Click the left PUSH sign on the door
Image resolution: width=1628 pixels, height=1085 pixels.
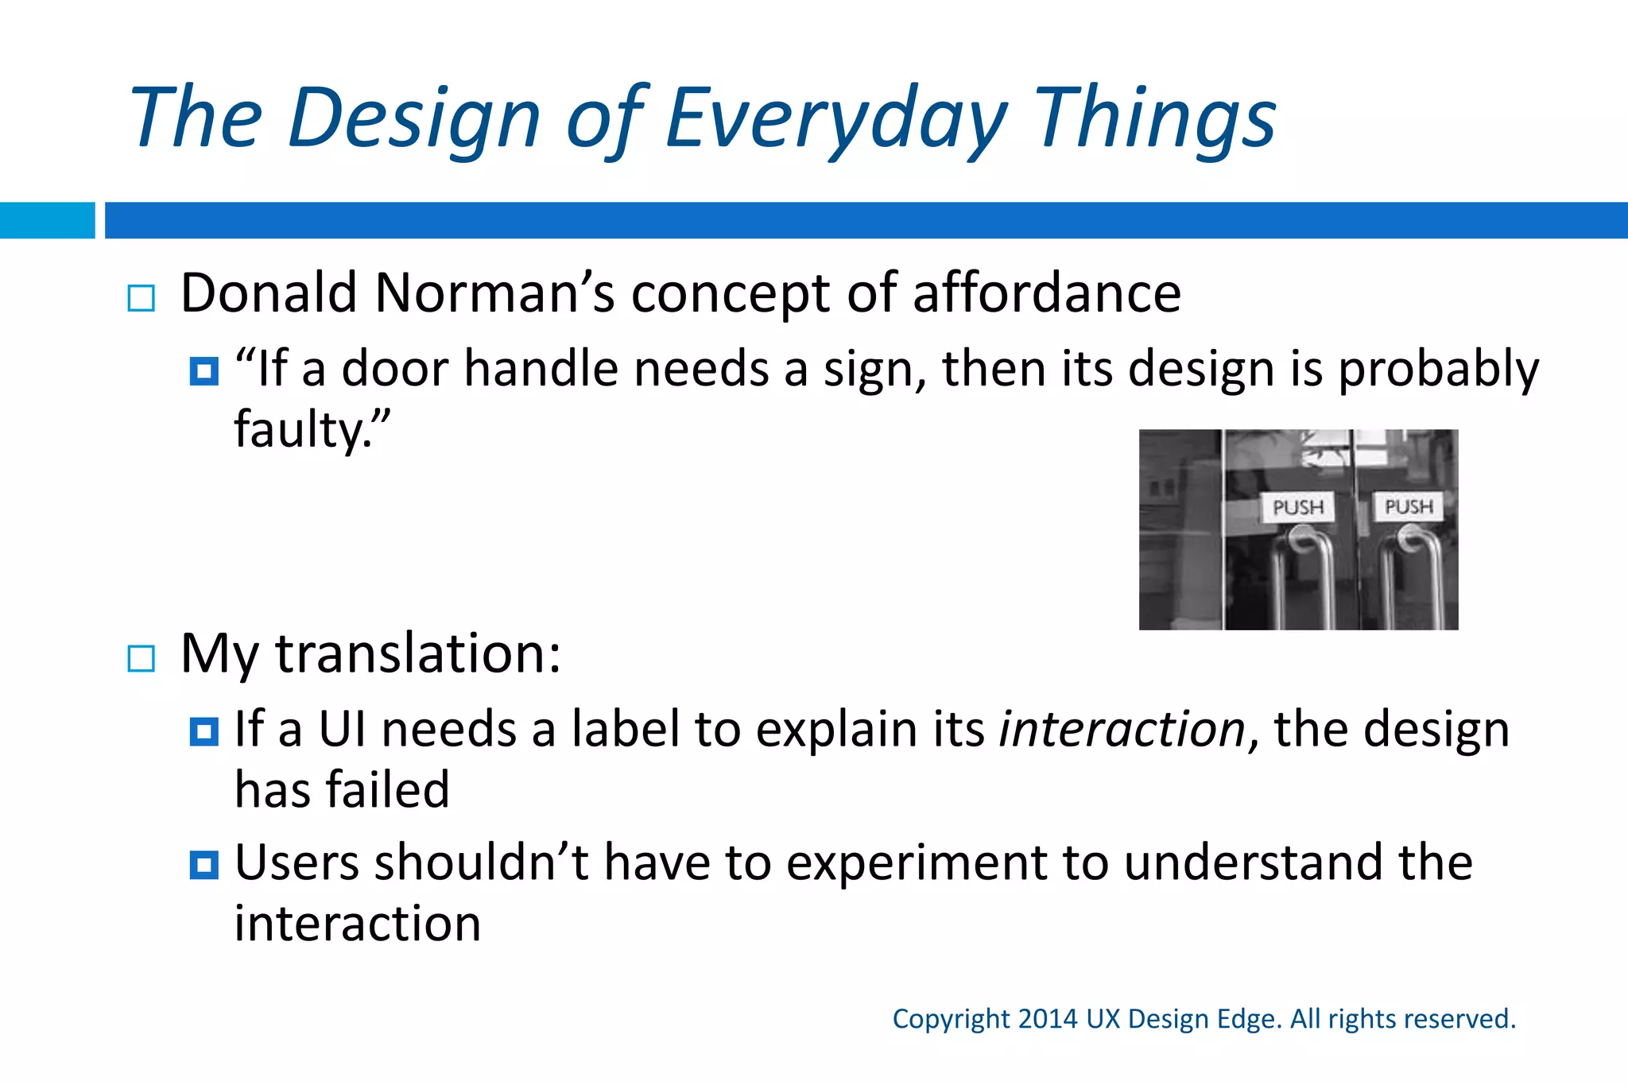point(1298,507)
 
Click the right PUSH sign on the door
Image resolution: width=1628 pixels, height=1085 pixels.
point(1409,506)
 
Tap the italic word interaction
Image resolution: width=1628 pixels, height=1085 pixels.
point(1122,729)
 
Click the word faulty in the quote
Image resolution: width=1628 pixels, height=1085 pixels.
point(298,430)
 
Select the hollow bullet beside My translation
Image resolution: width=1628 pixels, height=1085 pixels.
point(141,658)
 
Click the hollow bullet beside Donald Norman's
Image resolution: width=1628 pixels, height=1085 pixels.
point(141,299)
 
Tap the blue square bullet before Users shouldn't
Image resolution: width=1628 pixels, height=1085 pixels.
point(204,864)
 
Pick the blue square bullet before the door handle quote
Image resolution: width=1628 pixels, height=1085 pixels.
point(204,371)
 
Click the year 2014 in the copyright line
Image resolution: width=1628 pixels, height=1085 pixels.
point(1047,1019)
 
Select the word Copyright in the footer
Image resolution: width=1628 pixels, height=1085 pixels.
point(951,1019)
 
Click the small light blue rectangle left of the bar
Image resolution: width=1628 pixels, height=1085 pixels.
point(47,220)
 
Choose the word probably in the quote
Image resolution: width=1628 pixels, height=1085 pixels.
point(1439,370)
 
